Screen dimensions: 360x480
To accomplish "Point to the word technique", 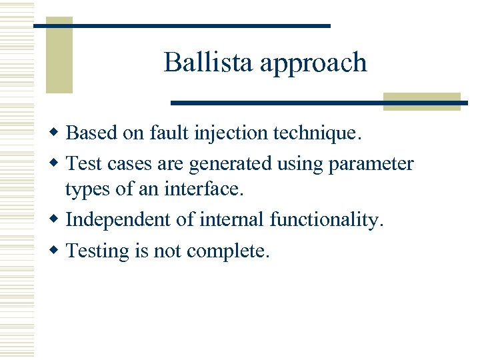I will click(x=318, y=134).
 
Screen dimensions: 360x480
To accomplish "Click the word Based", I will click(x=91, y=133).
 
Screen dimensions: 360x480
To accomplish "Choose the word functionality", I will click(x=327, y=219).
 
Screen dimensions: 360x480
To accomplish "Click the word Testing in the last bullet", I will click(x=99, y=251).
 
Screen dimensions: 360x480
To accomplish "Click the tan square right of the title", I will click(x=422, y=101).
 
